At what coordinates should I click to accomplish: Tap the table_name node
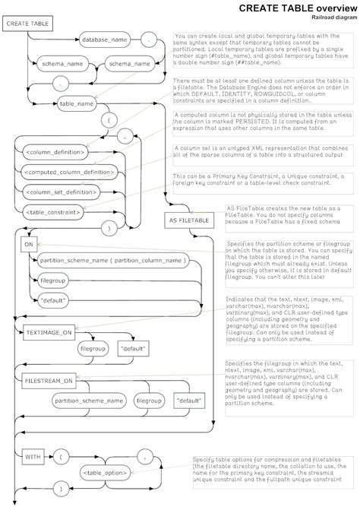[77, 102]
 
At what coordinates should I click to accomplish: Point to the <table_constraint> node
[54, 212]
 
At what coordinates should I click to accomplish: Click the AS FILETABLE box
[188, 219]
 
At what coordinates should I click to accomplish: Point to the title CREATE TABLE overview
[295, 7]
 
